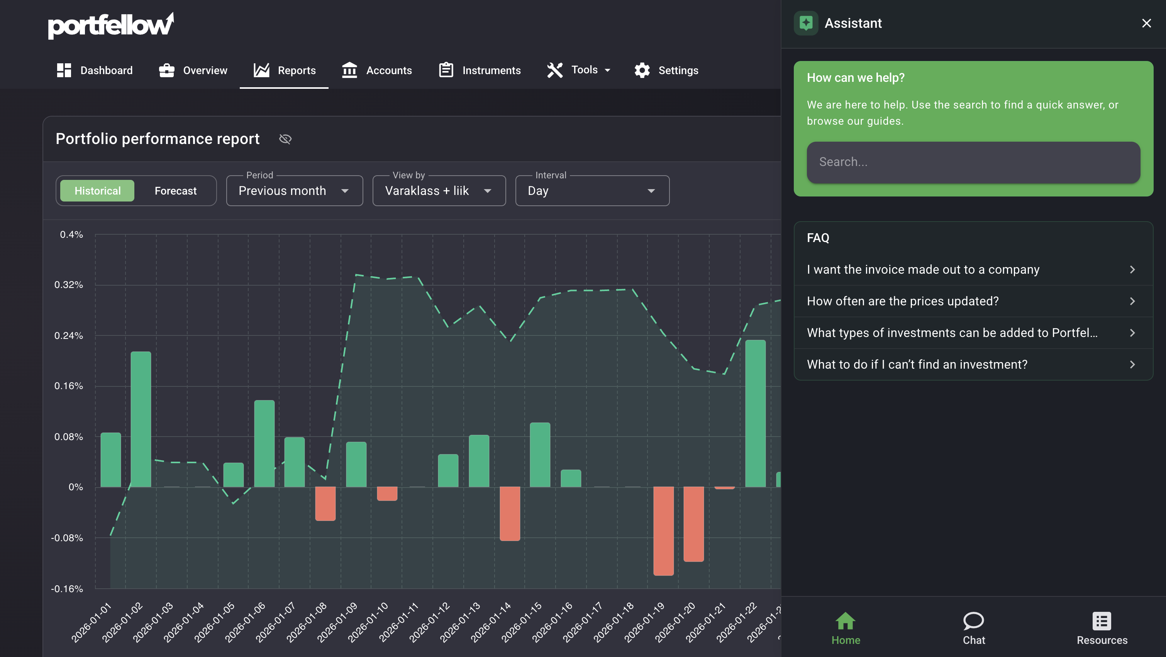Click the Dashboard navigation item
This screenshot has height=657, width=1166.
pos(95,70)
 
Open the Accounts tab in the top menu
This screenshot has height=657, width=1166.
pos(376,70)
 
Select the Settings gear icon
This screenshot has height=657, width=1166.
pos(642,70)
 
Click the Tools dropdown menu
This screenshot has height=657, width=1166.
pos(578,70)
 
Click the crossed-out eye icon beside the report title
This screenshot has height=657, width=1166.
pos(285,139)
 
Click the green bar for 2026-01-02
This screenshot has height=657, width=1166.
pos(141,419)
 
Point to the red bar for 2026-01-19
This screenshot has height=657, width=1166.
pos(663,531)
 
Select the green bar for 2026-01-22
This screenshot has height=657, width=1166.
pos(755,413)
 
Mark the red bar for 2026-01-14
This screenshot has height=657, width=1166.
pos(510,513)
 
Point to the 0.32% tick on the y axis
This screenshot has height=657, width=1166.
pos(69,284)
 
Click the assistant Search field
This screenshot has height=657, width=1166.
pos(973,162)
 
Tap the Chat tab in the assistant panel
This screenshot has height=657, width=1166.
pos(974,628)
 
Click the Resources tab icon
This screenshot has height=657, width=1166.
pos(1102,621)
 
